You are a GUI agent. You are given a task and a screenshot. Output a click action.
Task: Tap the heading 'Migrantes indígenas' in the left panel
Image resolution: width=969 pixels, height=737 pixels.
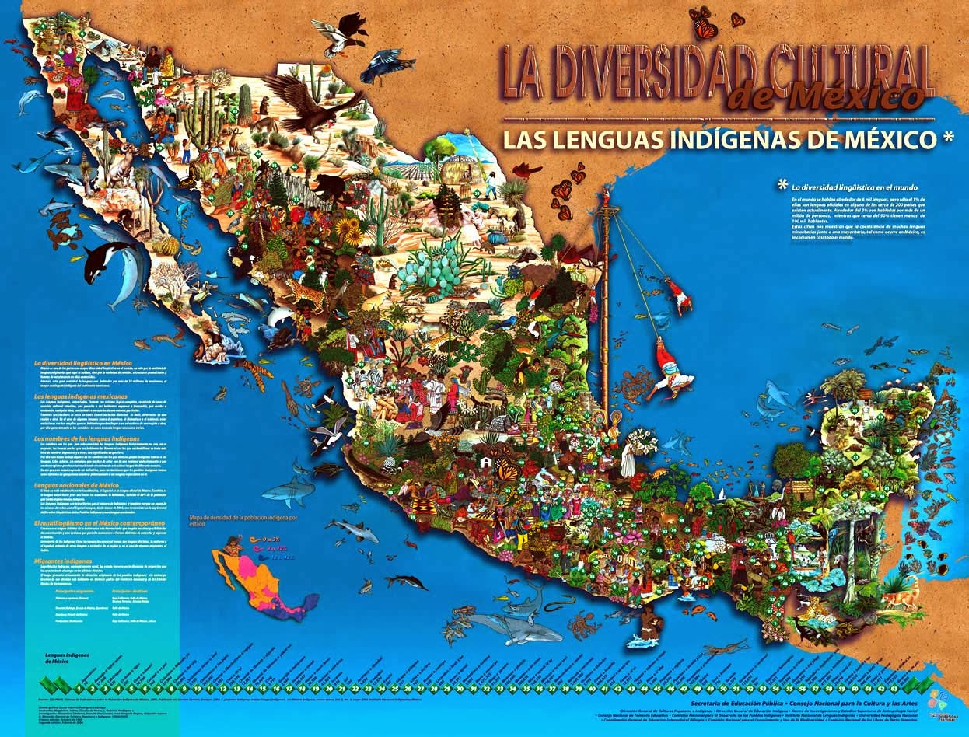(x=61, y=561)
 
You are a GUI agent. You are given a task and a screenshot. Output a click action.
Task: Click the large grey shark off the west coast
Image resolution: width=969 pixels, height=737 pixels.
(x=289, y=491)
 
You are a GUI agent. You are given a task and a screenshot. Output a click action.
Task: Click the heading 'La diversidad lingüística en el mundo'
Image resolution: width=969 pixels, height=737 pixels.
(x=843, y=187)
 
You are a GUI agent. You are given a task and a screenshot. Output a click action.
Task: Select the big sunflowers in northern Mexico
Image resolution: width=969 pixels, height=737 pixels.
(x=350, y=230)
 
